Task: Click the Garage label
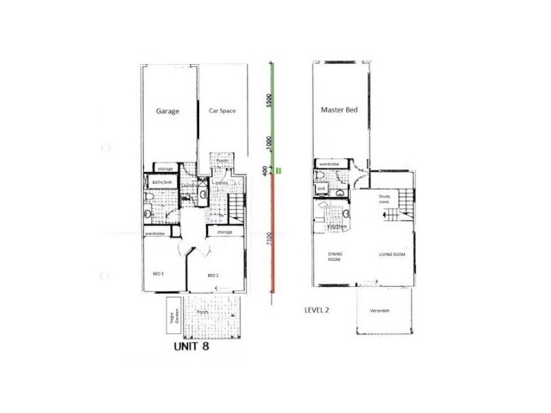coord(168,111)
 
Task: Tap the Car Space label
coord(222,111)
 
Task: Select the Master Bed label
coord(337,110)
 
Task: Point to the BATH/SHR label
coord(161,182)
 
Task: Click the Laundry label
coord(190,186)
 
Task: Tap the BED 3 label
coord(158,274)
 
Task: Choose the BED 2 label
coord(213,276)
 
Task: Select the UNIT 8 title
coord(190,348)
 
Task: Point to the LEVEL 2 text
coord(317,310)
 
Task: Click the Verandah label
coord(380,311)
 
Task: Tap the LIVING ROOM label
coord(392,255)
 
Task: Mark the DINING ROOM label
coord(335,257)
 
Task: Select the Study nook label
coord(384,200)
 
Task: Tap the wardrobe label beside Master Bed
coord(329,164)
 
